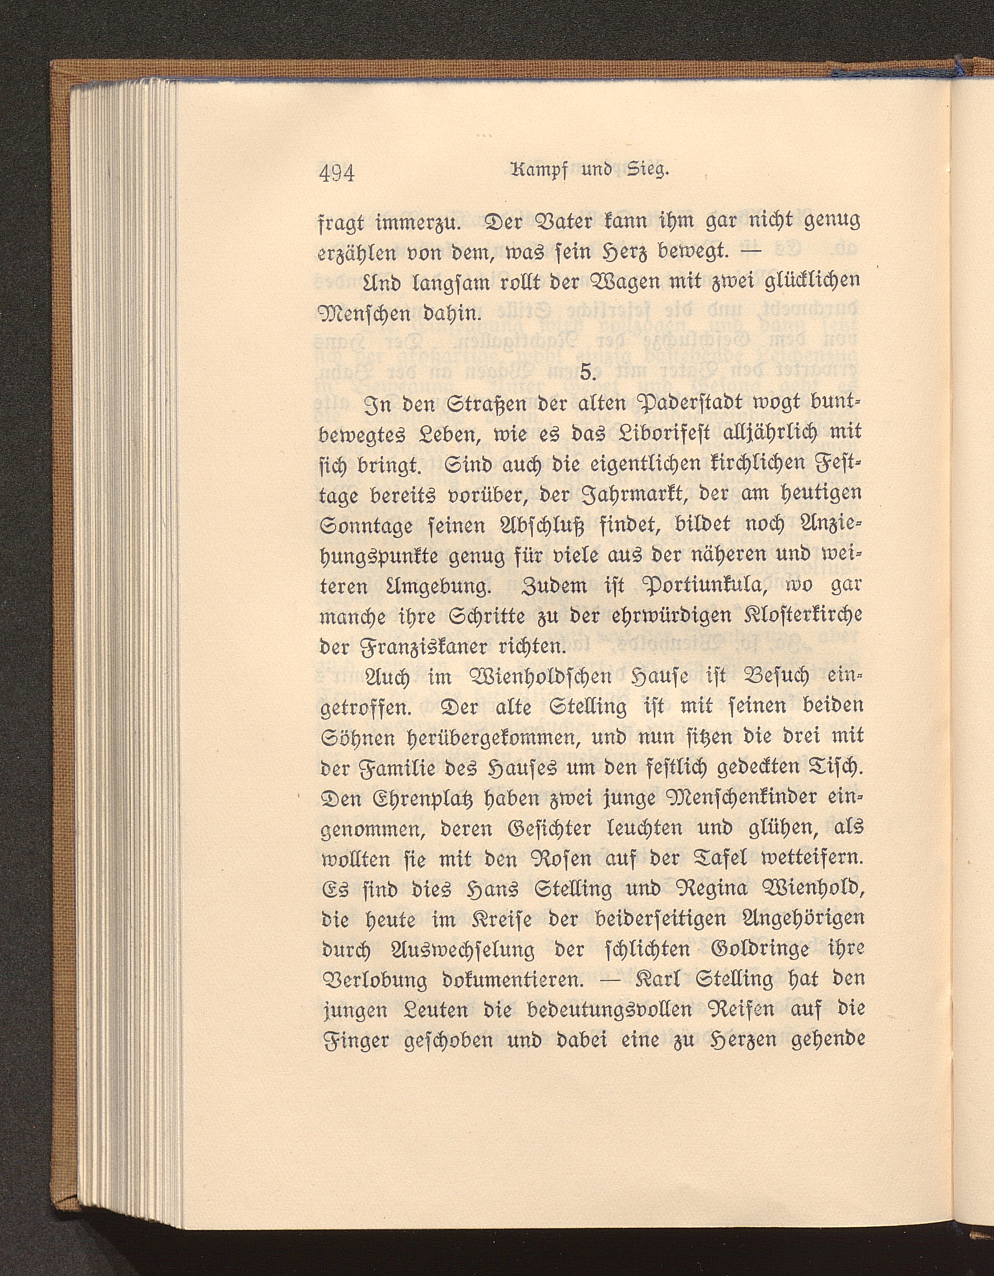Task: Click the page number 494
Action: click(338, 174)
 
